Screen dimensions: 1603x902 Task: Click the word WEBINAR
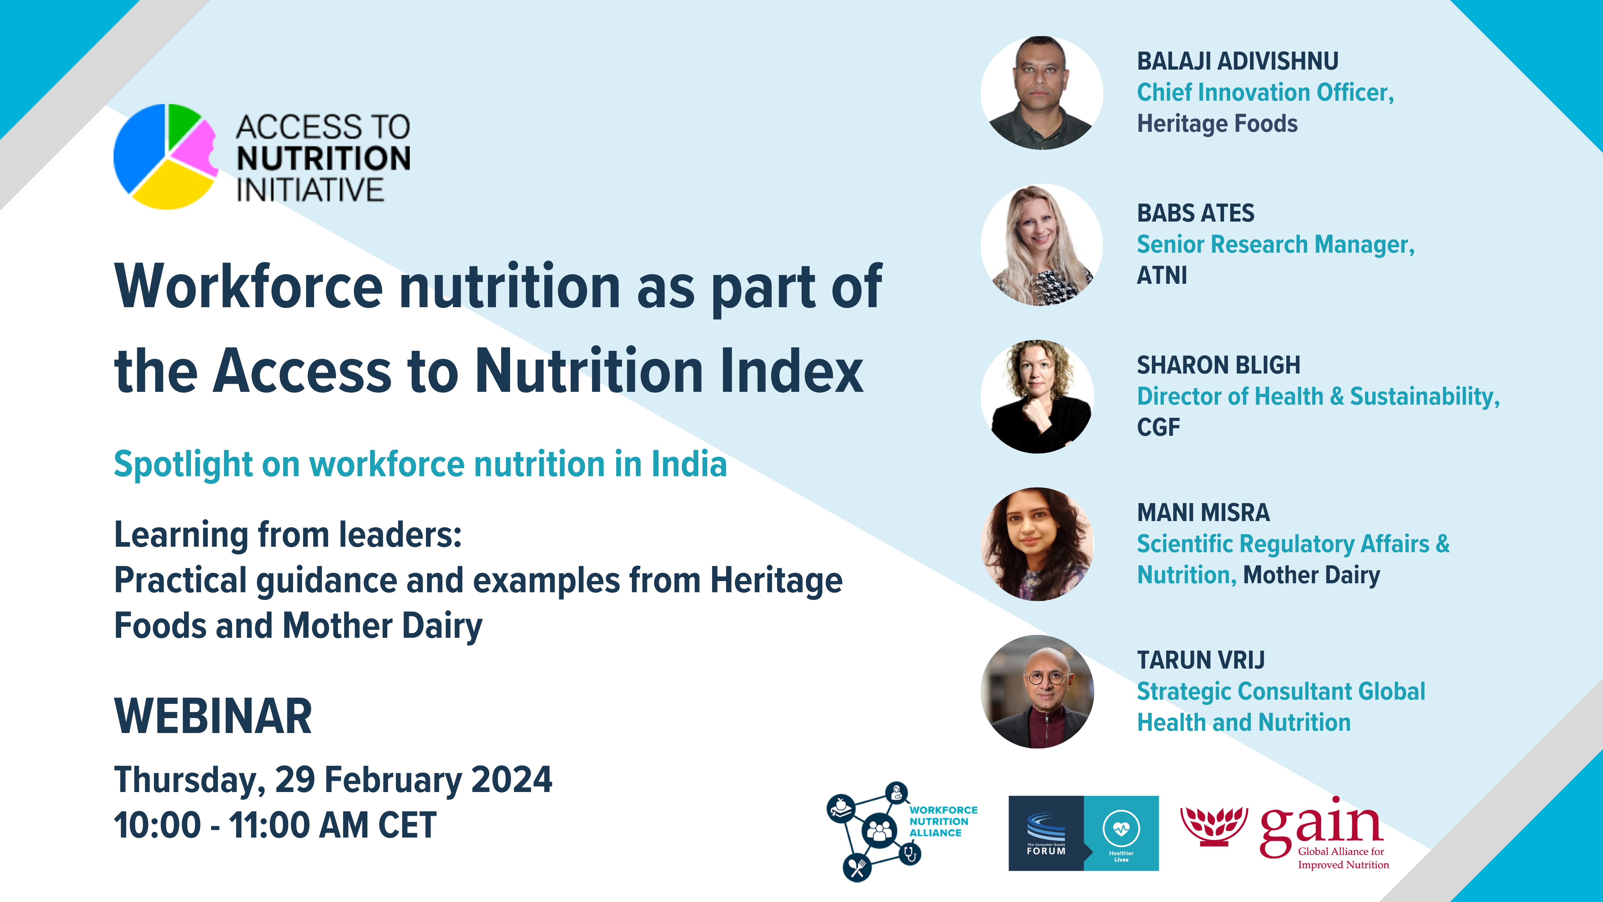pyautogui.click(x=213, y=716)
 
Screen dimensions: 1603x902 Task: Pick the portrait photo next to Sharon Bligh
pyautogui.click(x=1037, y=397)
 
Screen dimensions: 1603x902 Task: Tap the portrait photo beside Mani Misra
pyautogui.click(x=1037, y=544)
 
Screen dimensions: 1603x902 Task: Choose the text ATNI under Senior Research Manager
pyautogui.click(x=1162, y=275)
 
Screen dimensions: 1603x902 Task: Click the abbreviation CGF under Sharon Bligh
pyautogui.click(x=1158, y=427)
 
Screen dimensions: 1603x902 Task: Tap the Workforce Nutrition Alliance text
pyautogui.click(x=943, y=821)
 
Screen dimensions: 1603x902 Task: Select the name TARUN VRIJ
pyautogui.click(x=1201, y=660)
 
